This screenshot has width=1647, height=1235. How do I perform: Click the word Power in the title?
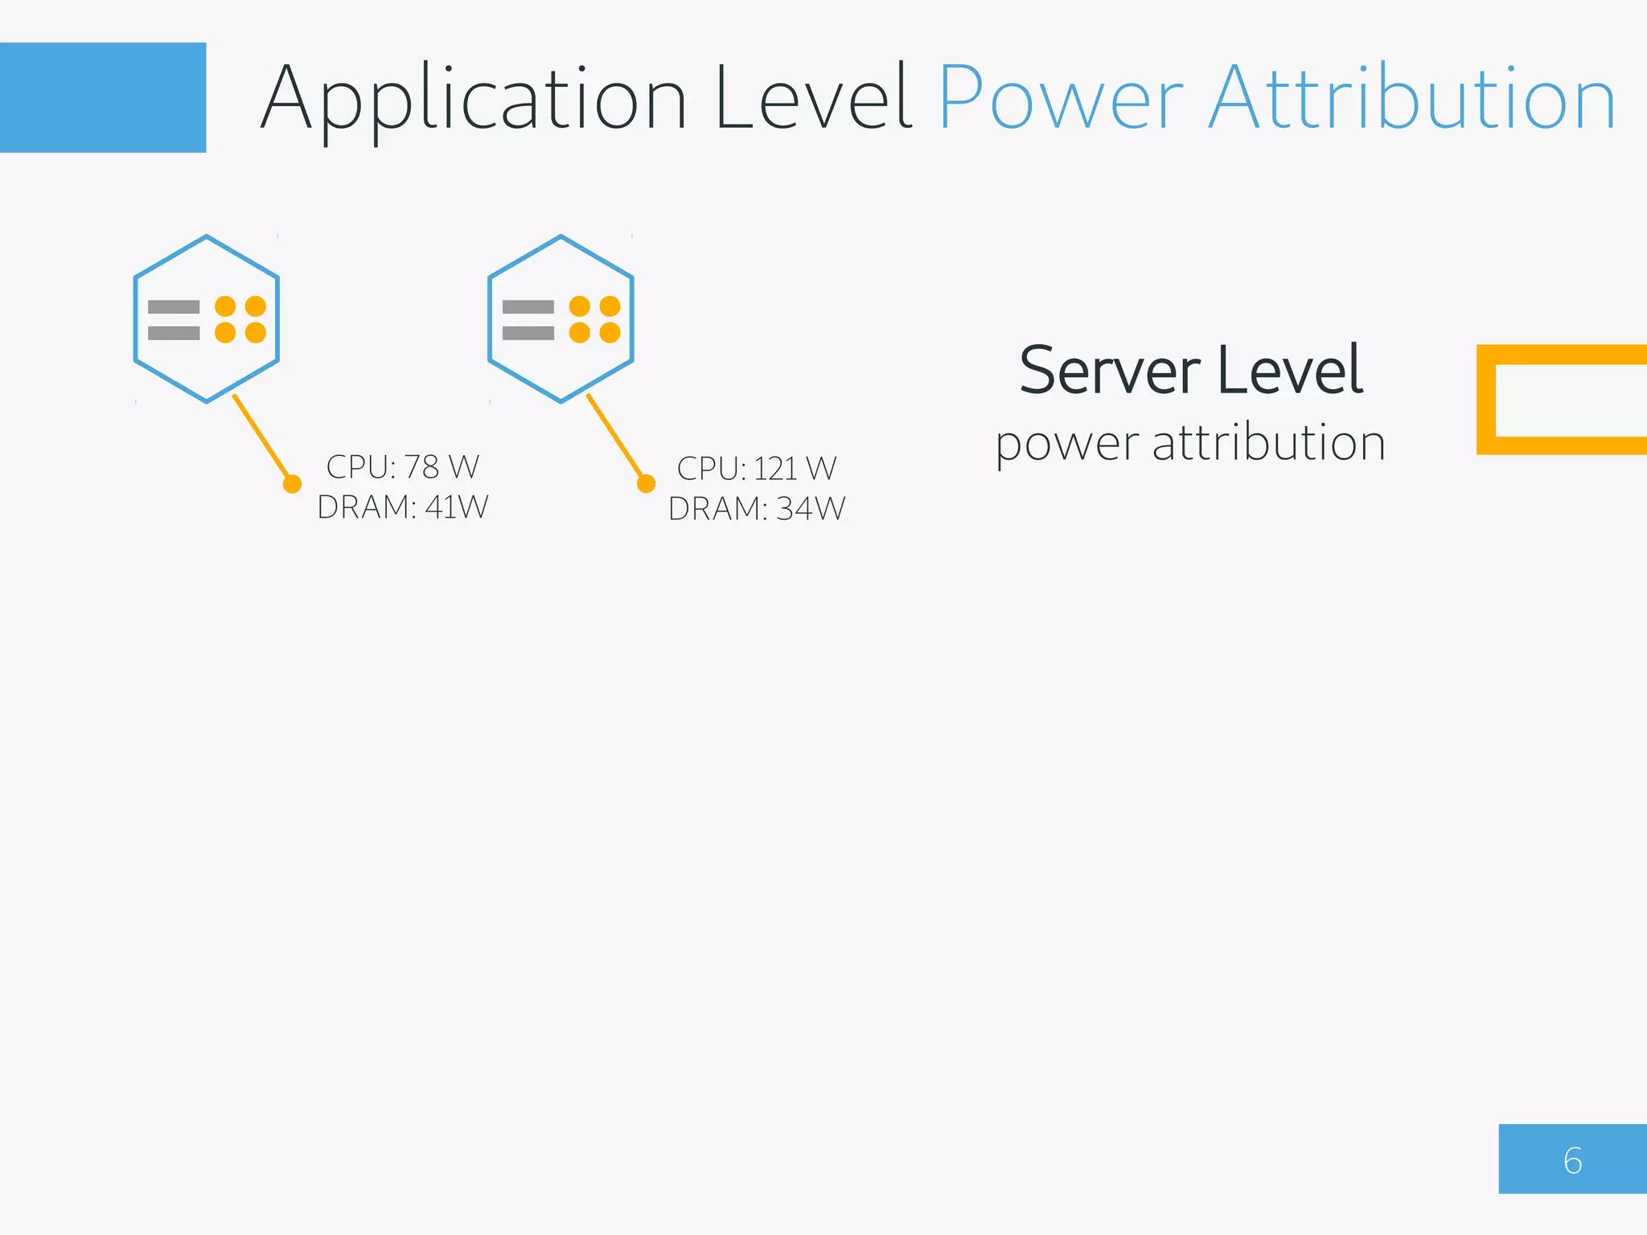pyautogui.click(x=1060, y=99)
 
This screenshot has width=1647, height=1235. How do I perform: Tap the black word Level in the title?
pyautogui.click(x=814, y=99)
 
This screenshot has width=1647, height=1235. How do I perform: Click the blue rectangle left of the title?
pyautogui.click(x=103, y=97)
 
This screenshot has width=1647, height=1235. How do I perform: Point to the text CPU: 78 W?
pyautogui.click(x=402, y=466)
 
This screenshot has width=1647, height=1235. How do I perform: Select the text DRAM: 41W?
pyautogui.click(x=402, y=507)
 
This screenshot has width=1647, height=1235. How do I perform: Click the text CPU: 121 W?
pyautogui.click(x=756, y=468)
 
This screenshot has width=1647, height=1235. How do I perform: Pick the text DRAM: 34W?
pyautogui.click(x=756, y=508)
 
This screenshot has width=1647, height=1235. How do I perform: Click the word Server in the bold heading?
pyautogui.click(x=1110, y=371)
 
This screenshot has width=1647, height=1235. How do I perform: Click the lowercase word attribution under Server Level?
pyautogui.click(x=1269, y=442)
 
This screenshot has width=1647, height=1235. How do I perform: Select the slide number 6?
pyautogui.click(x=1572, y=1160)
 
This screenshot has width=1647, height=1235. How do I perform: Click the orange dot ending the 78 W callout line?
pyautogui.click(x=293, y=483)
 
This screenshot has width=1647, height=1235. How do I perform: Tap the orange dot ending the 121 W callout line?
pyautogui.click(x=646, y=483)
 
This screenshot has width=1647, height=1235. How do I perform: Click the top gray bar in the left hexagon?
pyautogui.click(x=174, y=306)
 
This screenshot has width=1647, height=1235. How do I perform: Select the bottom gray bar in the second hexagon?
pyautogui.click(x=528, y=333)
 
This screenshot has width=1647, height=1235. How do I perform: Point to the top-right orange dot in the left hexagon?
pyautogui.click(x=256, y=306)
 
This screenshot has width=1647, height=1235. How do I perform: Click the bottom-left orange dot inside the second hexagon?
pyautogui.click(x=580, y=333)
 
